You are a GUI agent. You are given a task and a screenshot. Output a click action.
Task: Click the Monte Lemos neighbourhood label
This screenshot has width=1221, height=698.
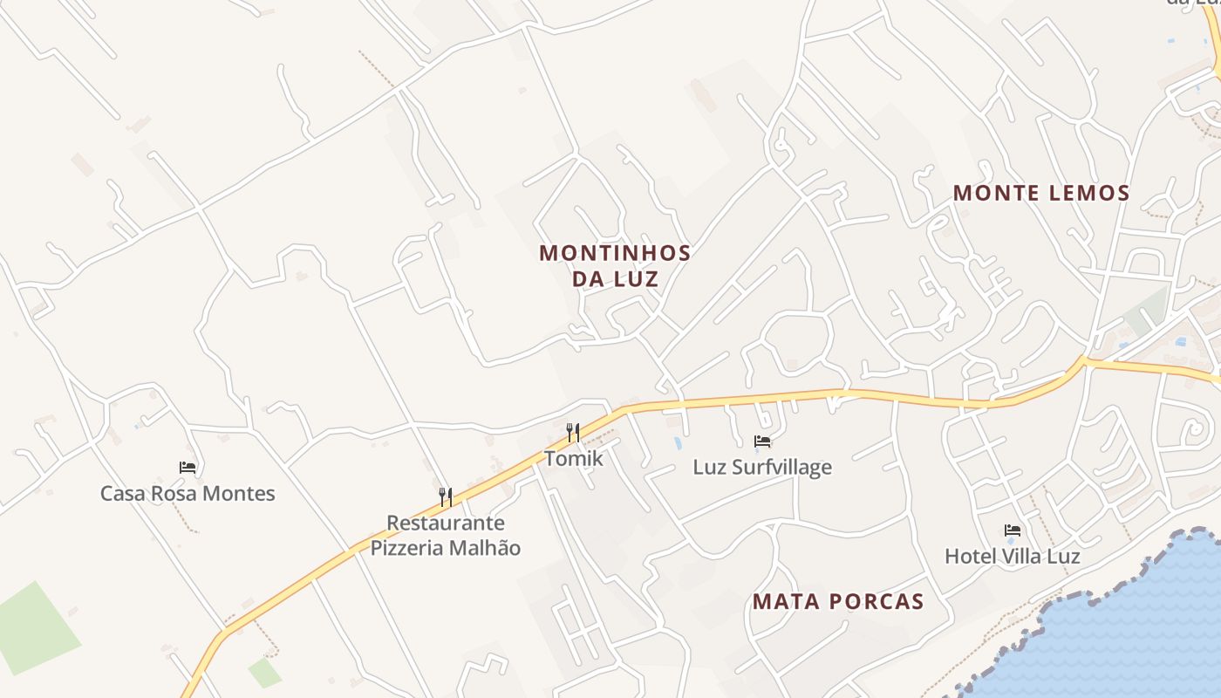(1041, 193)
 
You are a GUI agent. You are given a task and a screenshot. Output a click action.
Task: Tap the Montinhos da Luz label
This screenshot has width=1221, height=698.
(615, 266)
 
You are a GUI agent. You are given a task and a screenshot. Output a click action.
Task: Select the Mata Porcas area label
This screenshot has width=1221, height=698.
(838, 601)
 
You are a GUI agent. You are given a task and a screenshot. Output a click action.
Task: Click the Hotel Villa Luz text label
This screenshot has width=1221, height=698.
(1013, 556)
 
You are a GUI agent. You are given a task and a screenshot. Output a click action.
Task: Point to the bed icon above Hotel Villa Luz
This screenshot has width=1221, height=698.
(1013, 530)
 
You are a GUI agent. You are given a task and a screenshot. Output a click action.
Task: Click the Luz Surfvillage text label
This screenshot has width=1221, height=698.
(762, 467)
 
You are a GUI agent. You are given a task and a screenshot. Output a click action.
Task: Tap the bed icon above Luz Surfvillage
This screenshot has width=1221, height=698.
(762, 441)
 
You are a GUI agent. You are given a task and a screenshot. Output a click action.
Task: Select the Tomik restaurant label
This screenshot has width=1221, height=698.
(573, 457)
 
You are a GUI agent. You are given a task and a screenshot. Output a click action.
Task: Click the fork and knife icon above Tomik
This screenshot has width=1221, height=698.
(573, 432)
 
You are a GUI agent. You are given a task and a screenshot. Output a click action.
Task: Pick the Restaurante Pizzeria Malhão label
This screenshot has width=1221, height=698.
(446, 535)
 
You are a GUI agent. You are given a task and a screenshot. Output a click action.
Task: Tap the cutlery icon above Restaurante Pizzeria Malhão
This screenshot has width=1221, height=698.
(446, 497)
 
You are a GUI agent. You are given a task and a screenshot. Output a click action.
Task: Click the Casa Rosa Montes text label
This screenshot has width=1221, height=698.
(188, 493)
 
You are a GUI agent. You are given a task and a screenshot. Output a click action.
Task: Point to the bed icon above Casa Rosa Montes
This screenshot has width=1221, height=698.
(188, 468)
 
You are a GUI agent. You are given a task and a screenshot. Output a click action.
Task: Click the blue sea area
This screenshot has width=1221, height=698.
(1134, 628)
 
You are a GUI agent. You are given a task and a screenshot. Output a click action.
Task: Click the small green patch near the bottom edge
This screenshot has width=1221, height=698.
(264, 672)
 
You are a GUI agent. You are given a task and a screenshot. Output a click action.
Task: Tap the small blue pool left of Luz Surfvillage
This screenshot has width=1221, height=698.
(678, 443)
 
